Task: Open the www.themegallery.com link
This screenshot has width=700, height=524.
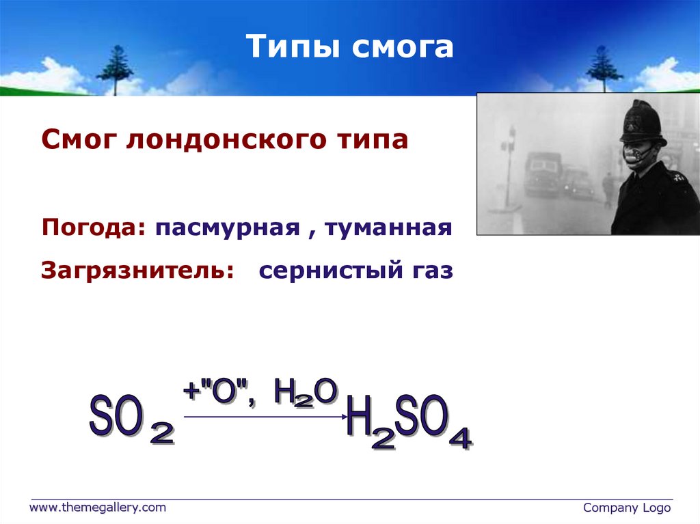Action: (96, 508)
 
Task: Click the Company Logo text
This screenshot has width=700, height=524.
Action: (627, 508)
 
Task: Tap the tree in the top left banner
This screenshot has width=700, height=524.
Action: (115, 68)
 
